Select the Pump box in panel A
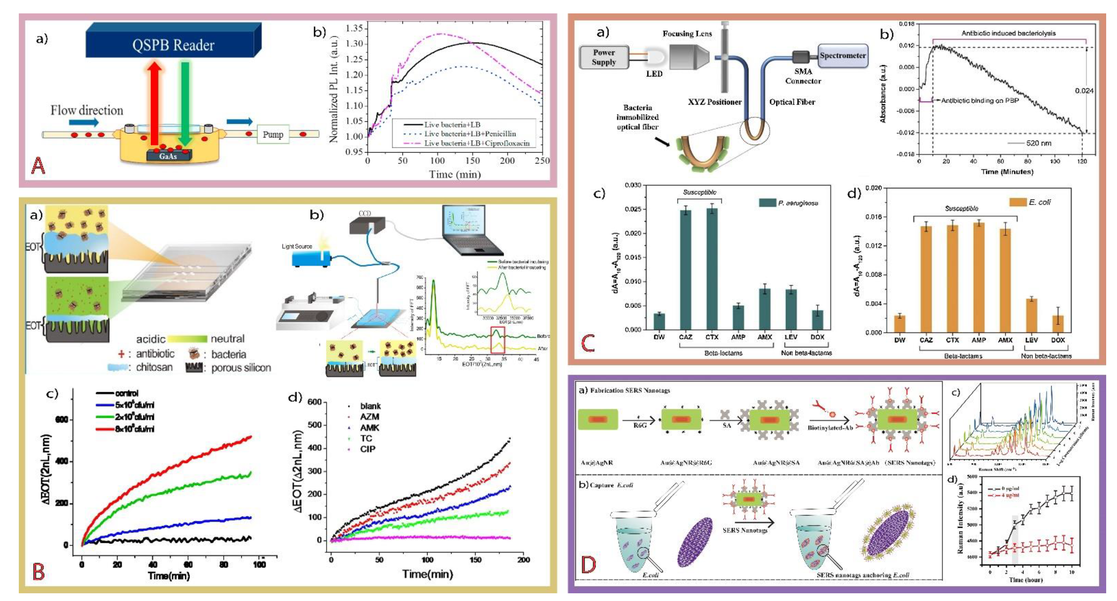click(x=273, y=134)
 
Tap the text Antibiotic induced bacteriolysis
click(x=1008, y=33)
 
